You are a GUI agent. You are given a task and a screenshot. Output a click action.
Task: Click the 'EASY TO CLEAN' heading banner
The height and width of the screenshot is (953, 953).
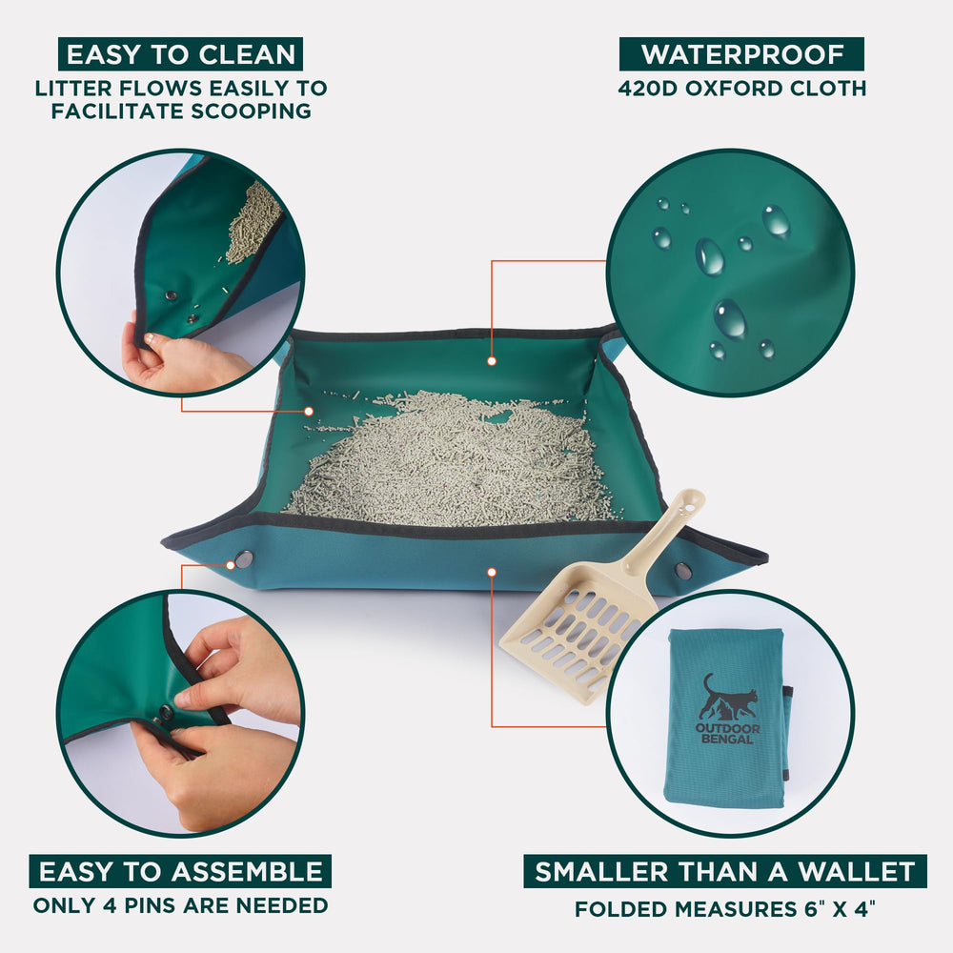[x=180, y=54]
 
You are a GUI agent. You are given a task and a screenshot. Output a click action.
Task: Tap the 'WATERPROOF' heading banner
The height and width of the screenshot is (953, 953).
[x=741, y=54]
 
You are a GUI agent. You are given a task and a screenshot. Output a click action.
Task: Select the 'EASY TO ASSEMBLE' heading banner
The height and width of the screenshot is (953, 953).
[x=180, y=872]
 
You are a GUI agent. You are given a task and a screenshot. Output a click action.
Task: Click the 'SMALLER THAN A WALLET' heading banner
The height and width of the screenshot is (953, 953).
[x=725, y=872]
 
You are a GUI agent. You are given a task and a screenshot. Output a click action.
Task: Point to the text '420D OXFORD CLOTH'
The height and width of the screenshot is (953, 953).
[x=742, y=89]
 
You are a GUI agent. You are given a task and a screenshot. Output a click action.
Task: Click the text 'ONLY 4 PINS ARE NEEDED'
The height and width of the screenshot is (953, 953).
[x=180, y=905]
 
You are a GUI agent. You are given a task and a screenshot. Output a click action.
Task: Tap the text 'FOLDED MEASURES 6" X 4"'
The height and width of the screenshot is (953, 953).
[x=725, y=909]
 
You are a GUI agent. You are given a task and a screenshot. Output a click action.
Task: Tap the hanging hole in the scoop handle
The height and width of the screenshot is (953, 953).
[x=690, y=504]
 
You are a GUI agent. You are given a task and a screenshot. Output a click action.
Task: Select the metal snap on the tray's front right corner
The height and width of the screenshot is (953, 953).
[x=683, y=571]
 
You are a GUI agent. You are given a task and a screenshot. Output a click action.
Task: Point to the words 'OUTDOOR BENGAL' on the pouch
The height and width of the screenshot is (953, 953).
[x=727, y=734]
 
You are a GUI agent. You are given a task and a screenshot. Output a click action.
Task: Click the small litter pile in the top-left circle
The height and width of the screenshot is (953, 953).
[x=253, y=224]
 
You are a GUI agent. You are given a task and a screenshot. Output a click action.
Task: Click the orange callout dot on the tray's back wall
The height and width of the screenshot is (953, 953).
[x=492, y=361]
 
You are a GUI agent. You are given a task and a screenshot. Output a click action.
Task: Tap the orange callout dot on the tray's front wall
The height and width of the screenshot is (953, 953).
[x=492, y=572]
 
